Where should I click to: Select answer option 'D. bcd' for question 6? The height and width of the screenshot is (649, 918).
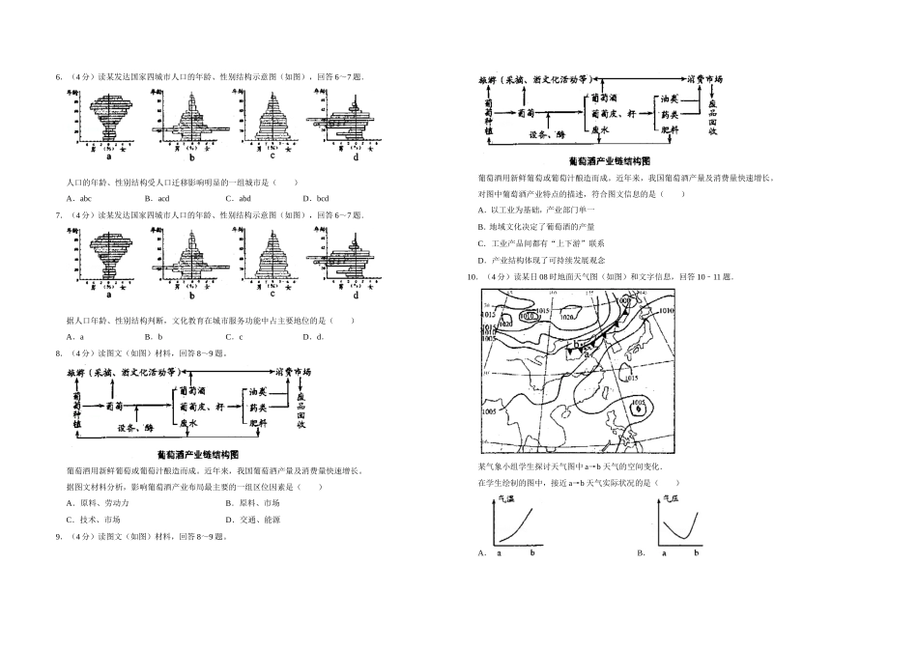click(x=316, y=198)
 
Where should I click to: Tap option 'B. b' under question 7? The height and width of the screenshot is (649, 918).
click(x=153, y=336)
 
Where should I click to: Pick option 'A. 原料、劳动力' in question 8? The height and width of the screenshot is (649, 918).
click(x=98, y=503)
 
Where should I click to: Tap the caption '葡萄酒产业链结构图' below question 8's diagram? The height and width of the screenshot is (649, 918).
click(x=197, y=454)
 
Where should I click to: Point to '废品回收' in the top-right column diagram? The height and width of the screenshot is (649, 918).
click(x=711, y=116)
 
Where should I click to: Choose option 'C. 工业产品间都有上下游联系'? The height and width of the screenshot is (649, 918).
click(x=541, y=243)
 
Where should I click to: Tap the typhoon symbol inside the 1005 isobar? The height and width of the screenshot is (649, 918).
click(x=637, y=409)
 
